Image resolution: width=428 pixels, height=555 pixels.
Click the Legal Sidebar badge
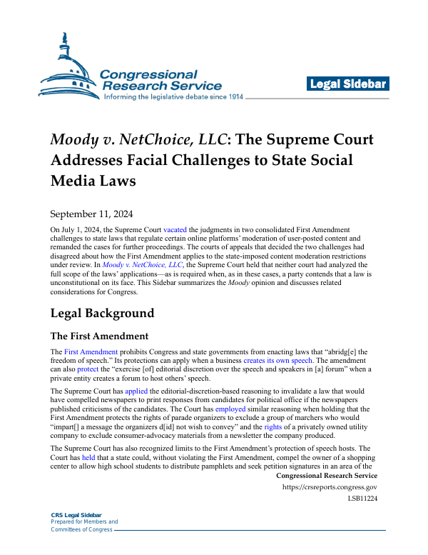[348, 84]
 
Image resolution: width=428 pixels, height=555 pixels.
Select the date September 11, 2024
[91, 213]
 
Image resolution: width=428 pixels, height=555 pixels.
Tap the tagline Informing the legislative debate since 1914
[174, 96]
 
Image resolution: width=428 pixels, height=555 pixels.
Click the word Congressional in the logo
[148, 74]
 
